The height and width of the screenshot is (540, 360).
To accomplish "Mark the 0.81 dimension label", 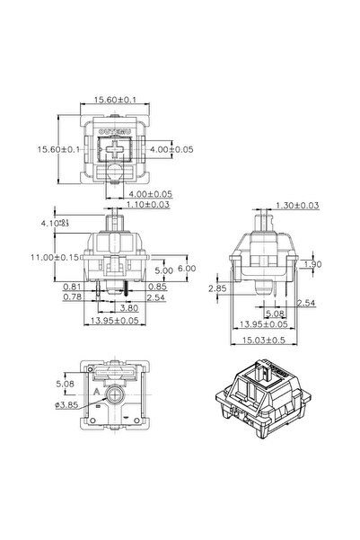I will (x=75, y=287).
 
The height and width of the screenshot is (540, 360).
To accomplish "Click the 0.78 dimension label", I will (x=75, y=296).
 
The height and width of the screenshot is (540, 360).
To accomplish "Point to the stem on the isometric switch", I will (x=268, y=375).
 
